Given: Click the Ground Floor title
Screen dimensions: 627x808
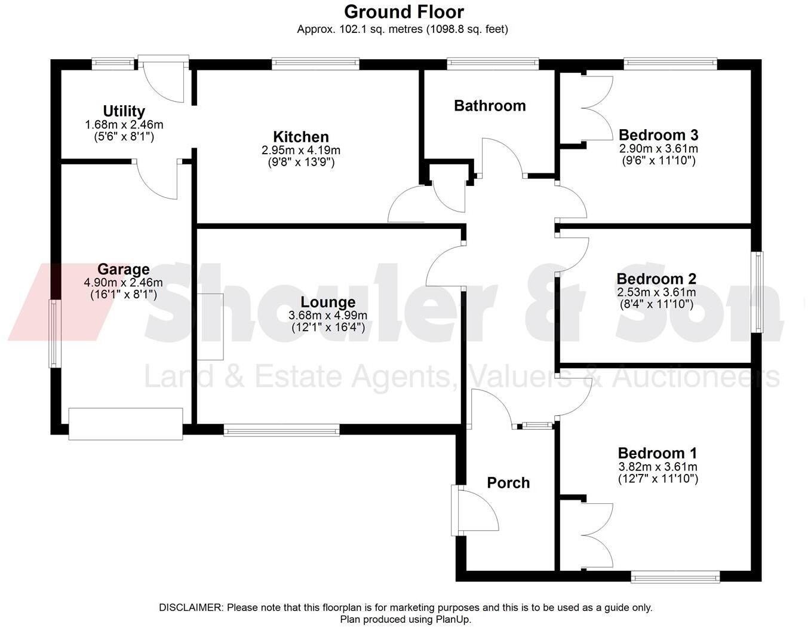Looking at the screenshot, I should pos(404,12).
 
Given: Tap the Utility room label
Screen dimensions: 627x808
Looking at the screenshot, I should pos(124,111).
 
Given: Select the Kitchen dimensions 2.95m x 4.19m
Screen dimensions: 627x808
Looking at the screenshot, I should pos(301,150).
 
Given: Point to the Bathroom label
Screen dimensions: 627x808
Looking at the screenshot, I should pos(490,106).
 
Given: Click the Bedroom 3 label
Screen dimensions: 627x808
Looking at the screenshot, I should pos(658,134).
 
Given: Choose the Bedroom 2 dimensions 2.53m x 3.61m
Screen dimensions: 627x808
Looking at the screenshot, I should pos(656,292).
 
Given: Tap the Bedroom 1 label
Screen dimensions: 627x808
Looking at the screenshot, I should pos(657,453).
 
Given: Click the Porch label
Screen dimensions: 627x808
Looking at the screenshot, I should pos(508,483).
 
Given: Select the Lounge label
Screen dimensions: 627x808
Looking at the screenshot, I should pos(328,302).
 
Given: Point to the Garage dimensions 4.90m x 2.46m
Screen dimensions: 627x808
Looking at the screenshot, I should pos(124,283).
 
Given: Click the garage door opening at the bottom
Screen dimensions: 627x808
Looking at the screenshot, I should pos(125,424).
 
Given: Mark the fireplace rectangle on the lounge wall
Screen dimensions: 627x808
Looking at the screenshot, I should pos(210,327).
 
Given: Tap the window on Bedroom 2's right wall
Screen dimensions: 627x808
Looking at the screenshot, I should pos(758,292).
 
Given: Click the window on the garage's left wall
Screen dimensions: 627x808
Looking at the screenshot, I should pos(54,333).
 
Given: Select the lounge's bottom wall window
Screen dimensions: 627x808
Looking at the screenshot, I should pos(281,430).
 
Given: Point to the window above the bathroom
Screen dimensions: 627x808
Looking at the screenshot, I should pos(493,63).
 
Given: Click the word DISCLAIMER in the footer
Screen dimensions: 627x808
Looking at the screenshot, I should pos(191,608).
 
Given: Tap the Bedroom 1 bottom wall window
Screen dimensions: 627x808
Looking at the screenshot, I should pos(675,577).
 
